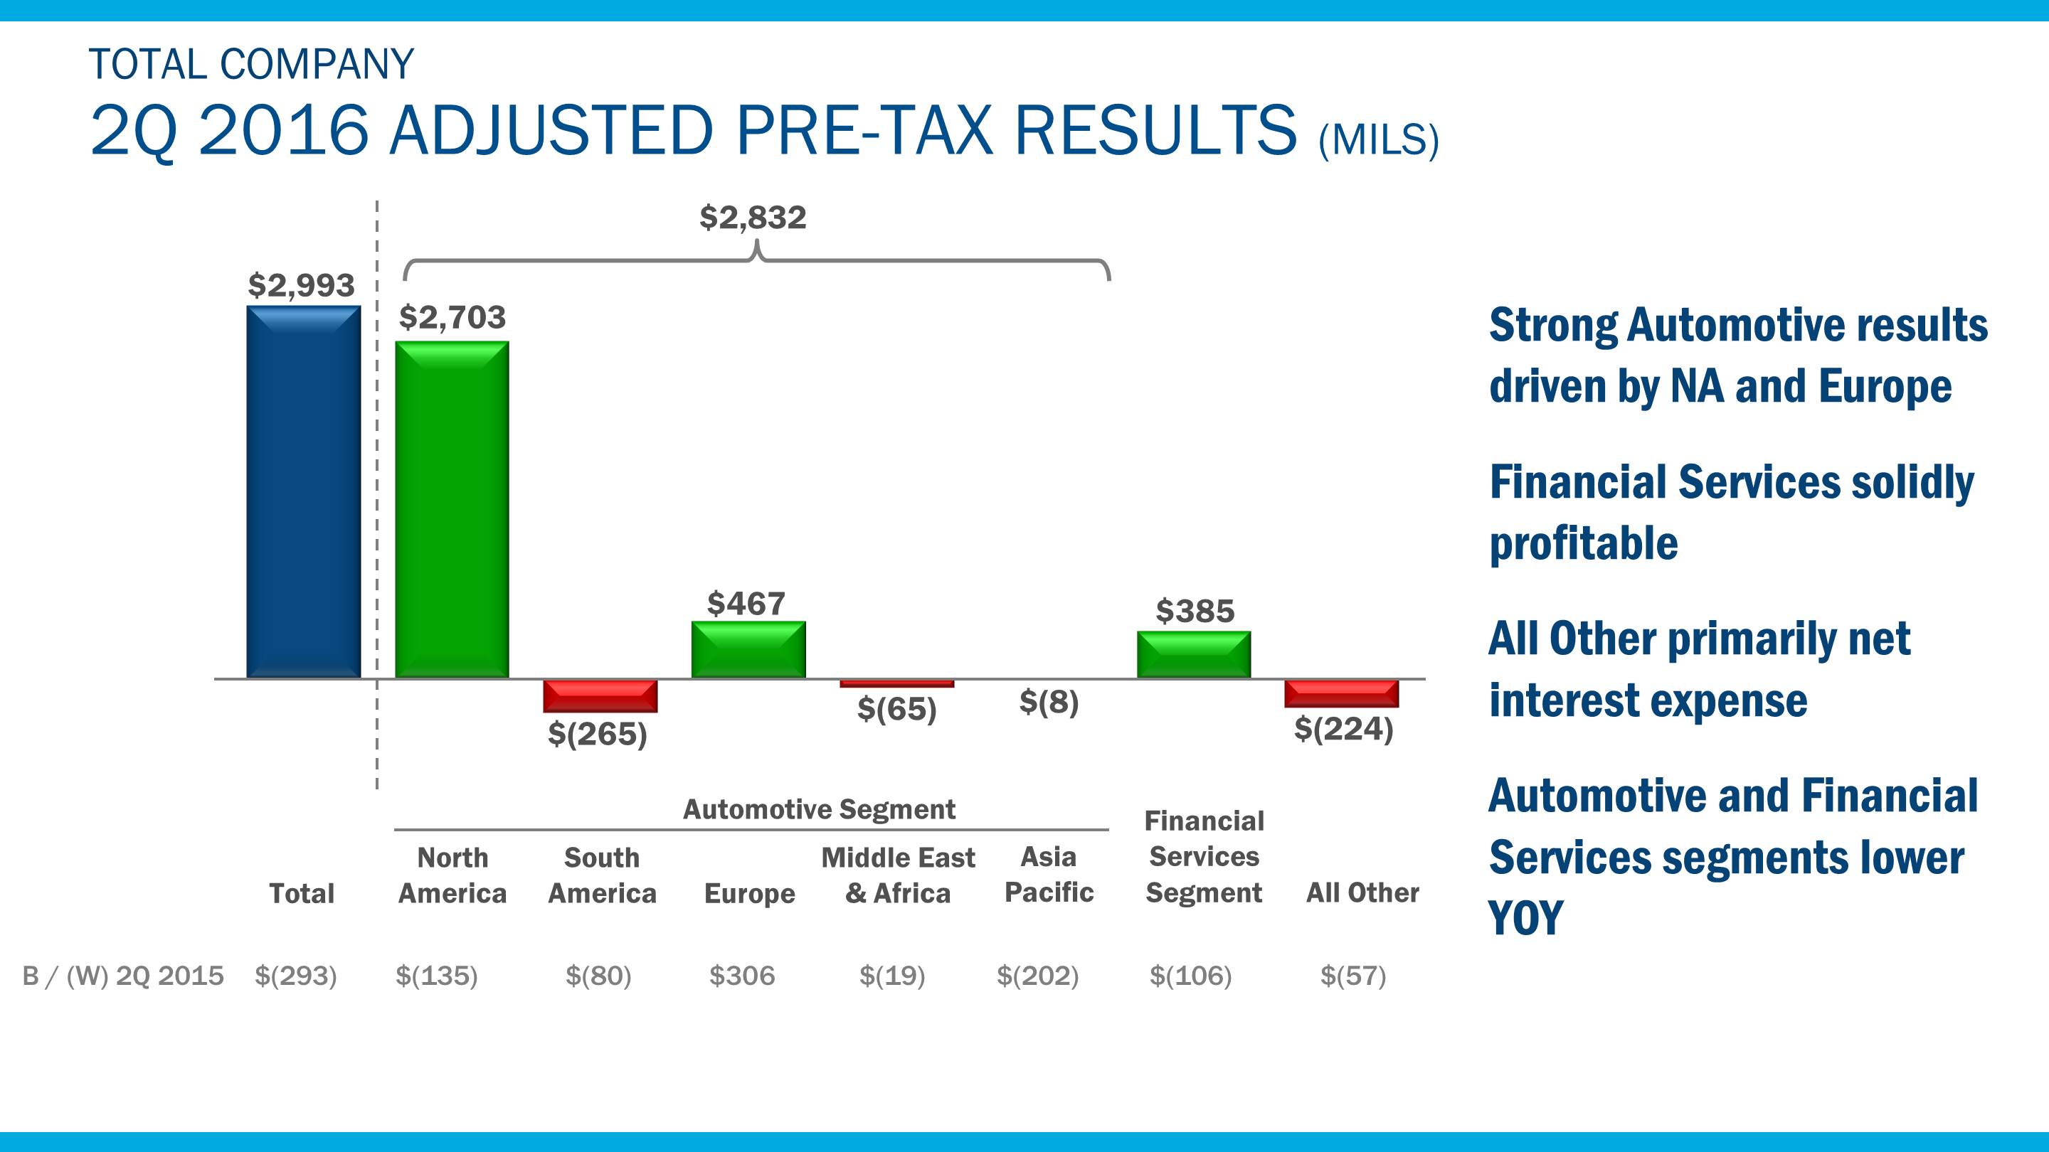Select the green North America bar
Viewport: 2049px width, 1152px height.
point(452,509)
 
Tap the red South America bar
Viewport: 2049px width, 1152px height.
point(600,695)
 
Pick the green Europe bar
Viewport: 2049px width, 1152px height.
point(748,649)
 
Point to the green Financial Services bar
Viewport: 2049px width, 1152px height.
point(1193,654)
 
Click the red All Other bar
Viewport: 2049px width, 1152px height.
point(1341,693)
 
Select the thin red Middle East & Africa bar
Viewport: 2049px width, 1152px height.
point(896,683)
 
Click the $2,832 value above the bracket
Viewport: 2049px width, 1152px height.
point(753,217)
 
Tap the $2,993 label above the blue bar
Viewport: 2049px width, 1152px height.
point(301,284)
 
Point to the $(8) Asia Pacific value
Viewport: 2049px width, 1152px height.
point(1049,701)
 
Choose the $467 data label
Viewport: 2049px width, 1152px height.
point(746,604)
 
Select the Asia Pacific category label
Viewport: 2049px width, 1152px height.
point(1049,875)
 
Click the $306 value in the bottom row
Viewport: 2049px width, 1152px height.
point(741,976)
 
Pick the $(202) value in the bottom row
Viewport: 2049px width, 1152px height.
point(1037,976)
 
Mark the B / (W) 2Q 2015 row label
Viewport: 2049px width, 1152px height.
point(123,976)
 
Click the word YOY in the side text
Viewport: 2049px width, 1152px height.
point(1525,917)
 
